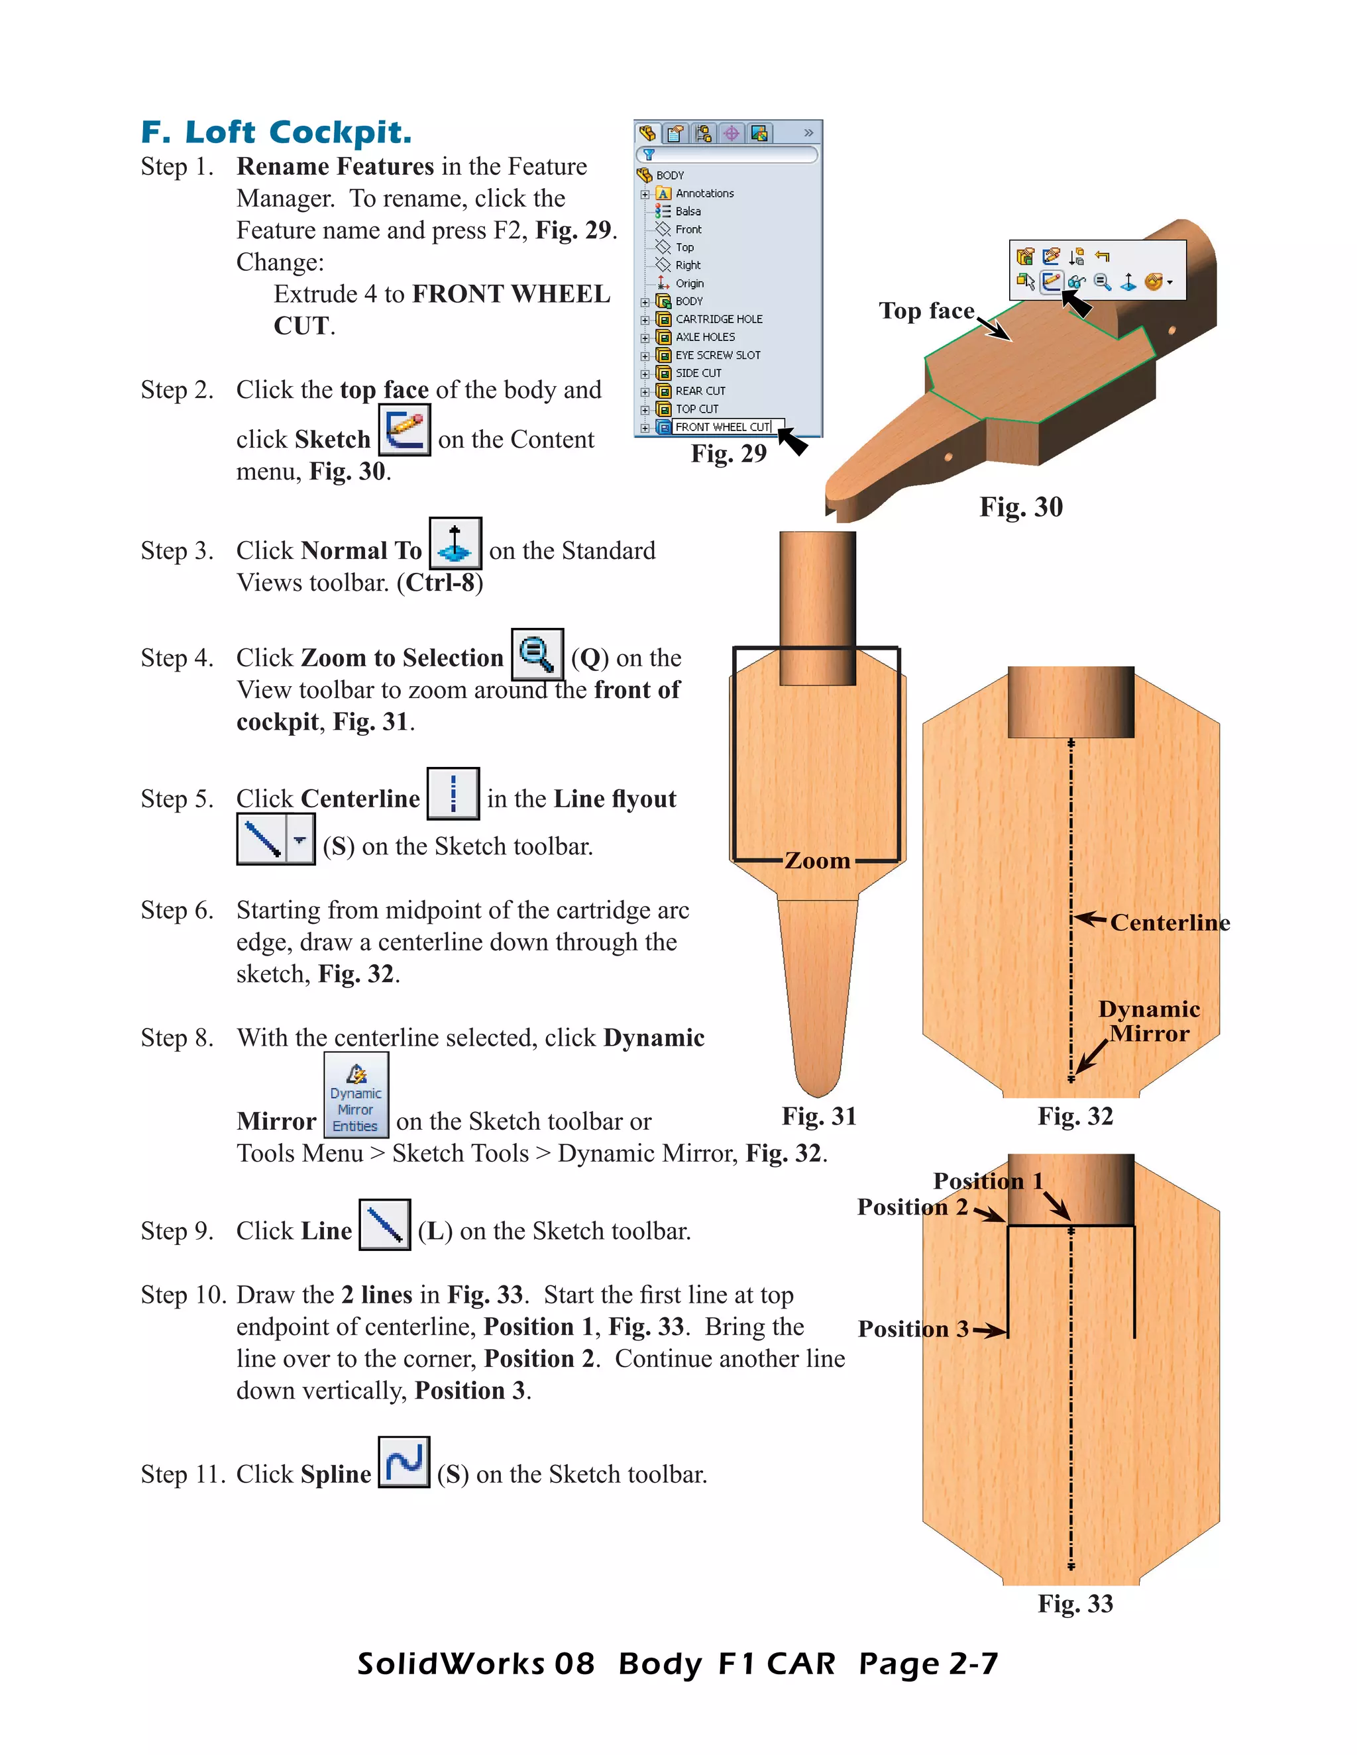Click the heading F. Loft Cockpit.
point(276,132)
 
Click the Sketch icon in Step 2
point(404,430)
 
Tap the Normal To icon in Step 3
point(455,543)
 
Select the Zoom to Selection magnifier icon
point(537,654)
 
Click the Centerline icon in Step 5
point(453,793)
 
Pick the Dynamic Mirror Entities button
point(356,1095)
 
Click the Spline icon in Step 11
point(404,1462)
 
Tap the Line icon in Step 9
point(384,1225)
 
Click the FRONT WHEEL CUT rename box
point(722,426)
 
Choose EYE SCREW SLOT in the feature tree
point(717,355)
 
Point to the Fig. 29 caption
point(728,454)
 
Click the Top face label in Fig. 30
point(926,311)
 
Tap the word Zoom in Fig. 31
point(817,861)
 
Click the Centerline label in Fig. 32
point(1169,923)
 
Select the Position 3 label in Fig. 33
point(912,1329)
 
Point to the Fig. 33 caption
point(1075,1604)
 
